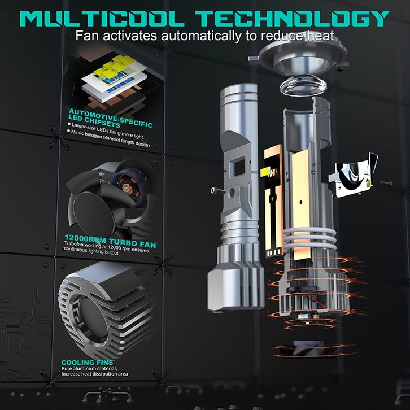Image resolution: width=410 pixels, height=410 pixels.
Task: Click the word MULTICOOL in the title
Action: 102,18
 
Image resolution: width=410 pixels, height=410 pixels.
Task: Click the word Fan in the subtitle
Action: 88,36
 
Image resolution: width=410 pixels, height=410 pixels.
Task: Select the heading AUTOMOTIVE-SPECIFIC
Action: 111,118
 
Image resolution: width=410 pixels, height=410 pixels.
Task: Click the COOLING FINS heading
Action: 88,363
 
